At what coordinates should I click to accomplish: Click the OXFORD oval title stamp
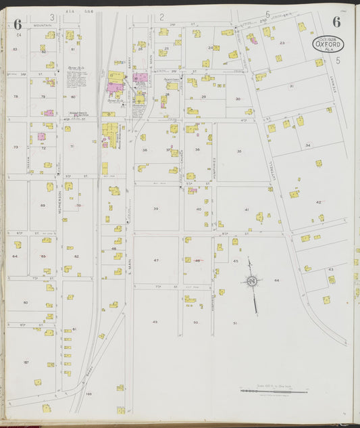pos(328,45)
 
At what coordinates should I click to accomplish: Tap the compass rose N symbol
pos(251,281)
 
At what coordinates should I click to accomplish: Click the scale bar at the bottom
pos(274,391)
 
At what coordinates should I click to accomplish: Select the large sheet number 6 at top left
pos(17,24)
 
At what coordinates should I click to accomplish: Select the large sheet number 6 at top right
pos(336,21)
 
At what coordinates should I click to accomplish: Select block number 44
pos(276,279)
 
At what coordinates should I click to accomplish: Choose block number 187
pos(26,363)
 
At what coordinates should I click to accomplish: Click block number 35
pos(239,151)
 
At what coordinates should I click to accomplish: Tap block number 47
pos(156,260)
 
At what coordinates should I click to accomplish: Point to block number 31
pos(291,87)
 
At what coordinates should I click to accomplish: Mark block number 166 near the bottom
pos(88,393)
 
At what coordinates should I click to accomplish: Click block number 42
pos(318,201)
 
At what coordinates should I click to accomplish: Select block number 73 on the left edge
pos(15,147)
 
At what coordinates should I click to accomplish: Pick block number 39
pos(156,208)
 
